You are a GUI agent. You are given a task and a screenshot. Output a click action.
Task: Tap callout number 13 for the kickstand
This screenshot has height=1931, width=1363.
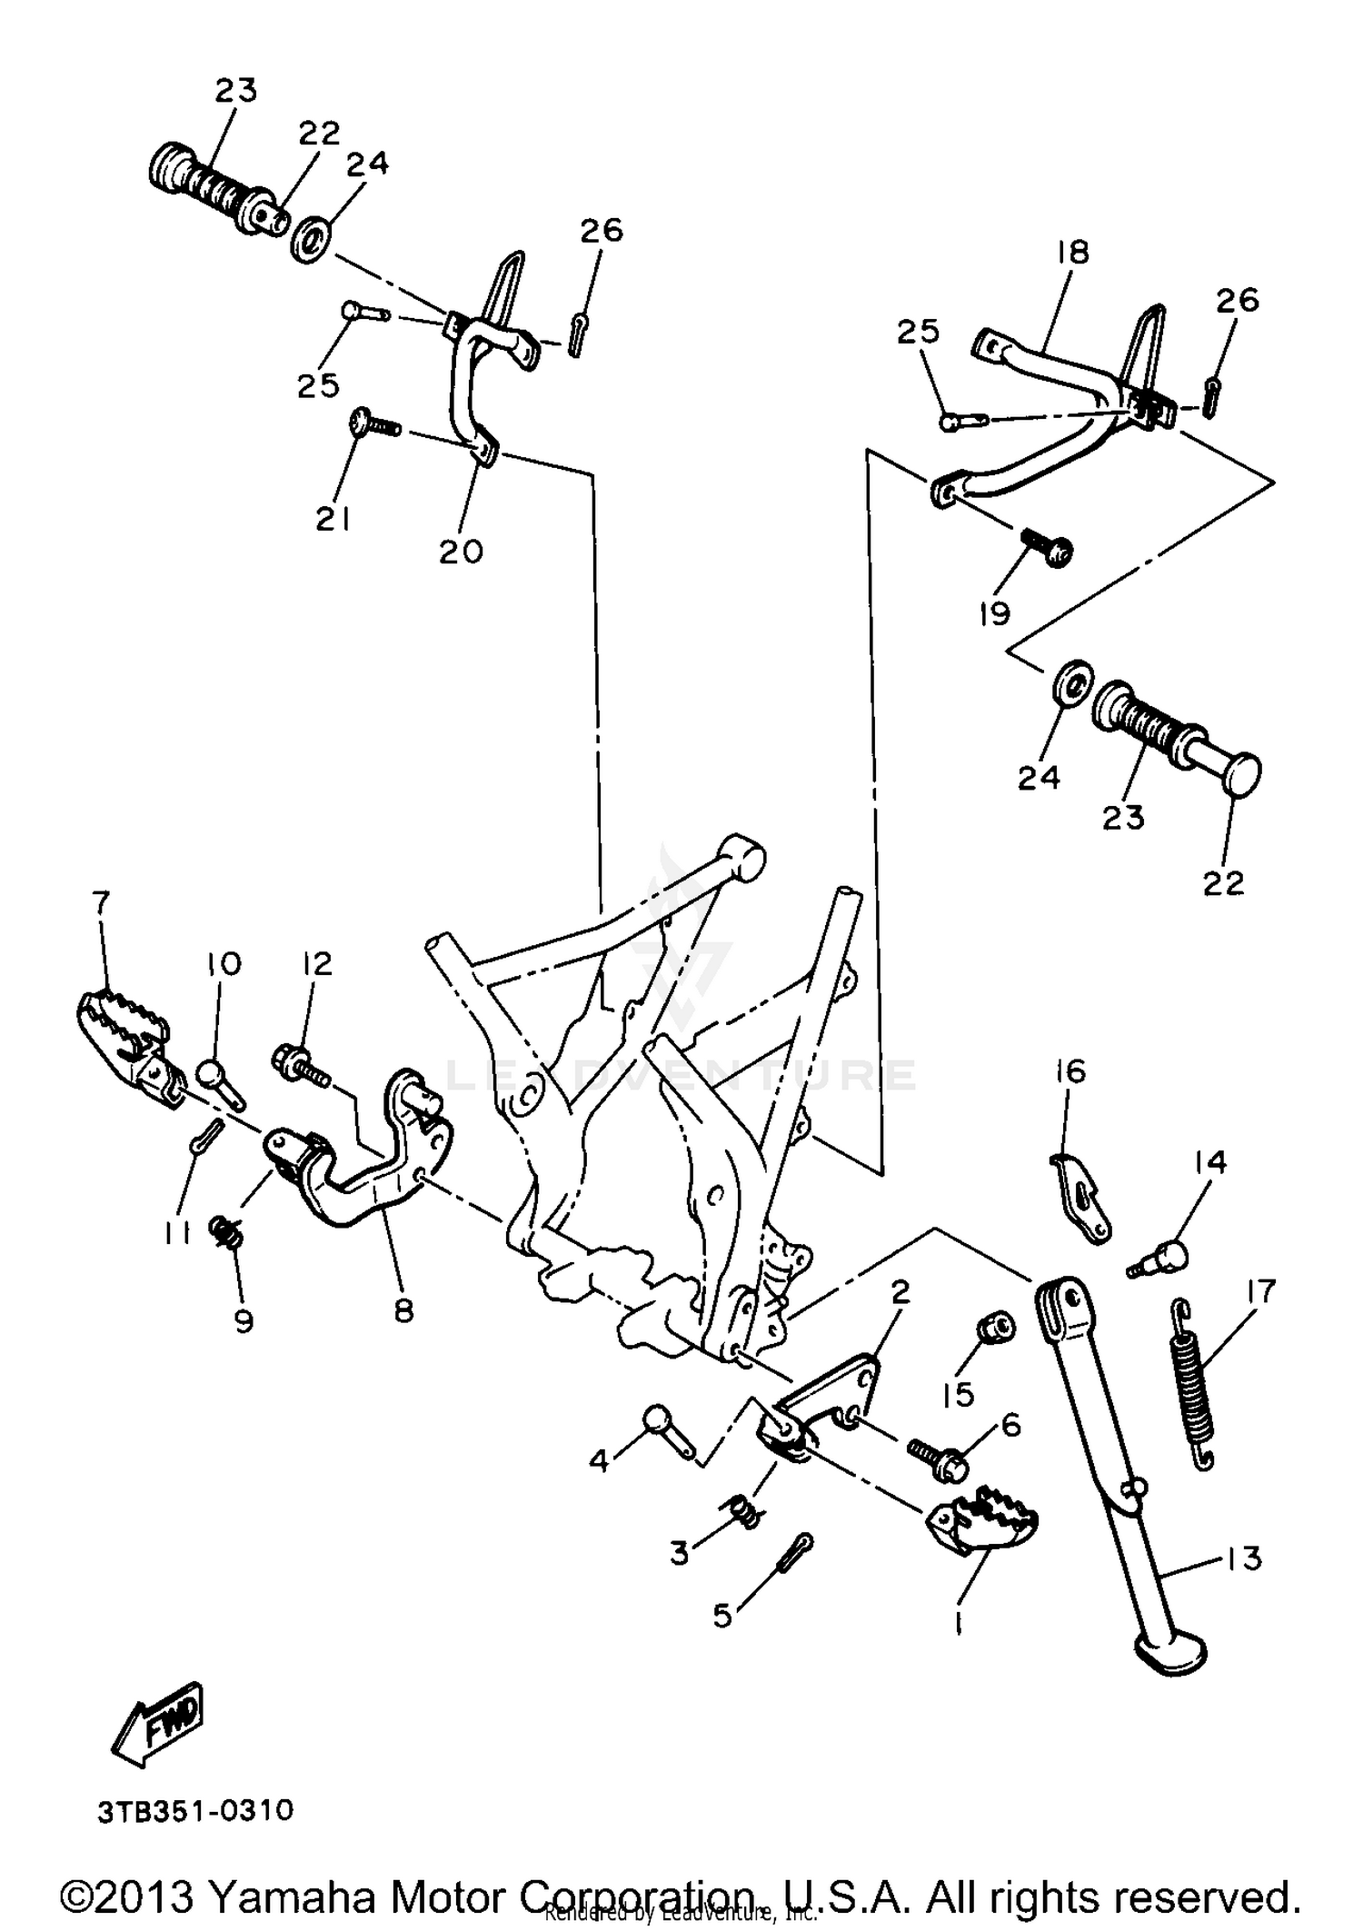click(x=1243, y=1558)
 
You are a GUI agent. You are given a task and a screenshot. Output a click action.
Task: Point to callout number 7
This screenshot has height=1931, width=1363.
click(x=101, y=903)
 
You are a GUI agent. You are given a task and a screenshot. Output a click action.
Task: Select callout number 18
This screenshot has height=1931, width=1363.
click(x=1073, y=253)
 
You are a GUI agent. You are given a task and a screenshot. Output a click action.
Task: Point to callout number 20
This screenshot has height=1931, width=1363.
click(x=462, y=551)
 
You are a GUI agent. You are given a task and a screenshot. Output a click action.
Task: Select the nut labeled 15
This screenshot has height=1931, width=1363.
click(x=994, y=1329)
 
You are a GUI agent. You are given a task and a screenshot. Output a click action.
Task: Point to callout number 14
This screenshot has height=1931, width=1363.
click(x=1210, y=1162)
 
